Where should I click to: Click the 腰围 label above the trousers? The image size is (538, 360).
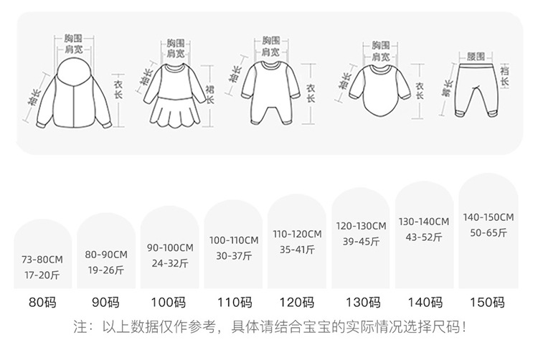click(476, 55)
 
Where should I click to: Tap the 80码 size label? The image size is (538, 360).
click(42, 303)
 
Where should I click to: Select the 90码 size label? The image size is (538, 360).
click(106, 303)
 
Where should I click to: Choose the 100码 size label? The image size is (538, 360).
click(170, 303)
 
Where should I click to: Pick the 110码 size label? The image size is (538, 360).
click(233, 303)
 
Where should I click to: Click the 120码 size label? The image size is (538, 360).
click(297, 303)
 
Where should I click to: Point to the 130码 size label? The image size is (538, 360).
click(361, 303)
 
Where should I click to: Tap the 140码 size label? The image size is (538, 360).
click(424, 303)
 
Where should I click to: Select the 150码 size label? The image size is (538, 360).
click(488, 303)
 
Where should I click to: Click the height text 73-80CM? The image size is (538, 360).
click(43, 260)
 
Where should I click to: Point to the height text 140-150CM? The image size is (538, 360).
click(488, 217)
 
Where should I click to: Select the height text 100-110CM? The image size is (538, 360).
click(233, 240)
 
